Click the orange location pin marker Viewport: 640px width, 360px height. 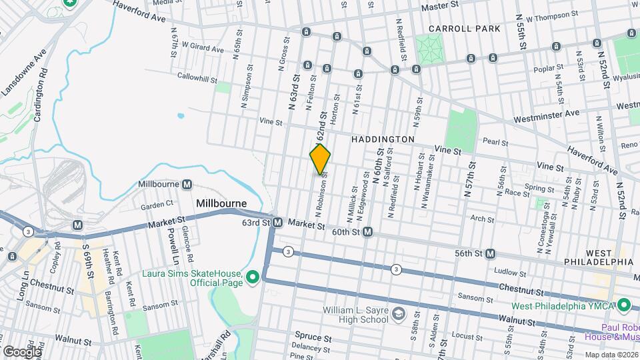pos(320,160)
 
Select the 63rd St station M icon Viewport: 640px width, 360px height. pos(278,222)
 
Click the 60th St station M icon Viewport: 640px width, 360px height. pos(367,232)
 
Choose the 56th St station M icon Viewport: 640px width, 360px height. pos(491,253)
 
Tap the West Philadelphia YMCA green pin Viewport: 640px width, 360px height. pos(624,306)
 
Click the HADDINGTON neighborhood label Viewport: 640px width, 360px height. pos(383,139)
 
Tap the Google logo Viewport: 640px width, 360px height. pos(22,351)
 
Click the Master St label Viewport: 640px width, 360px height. pos(443,5)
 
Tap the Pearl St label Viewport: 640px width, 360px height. pos(496,142)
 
